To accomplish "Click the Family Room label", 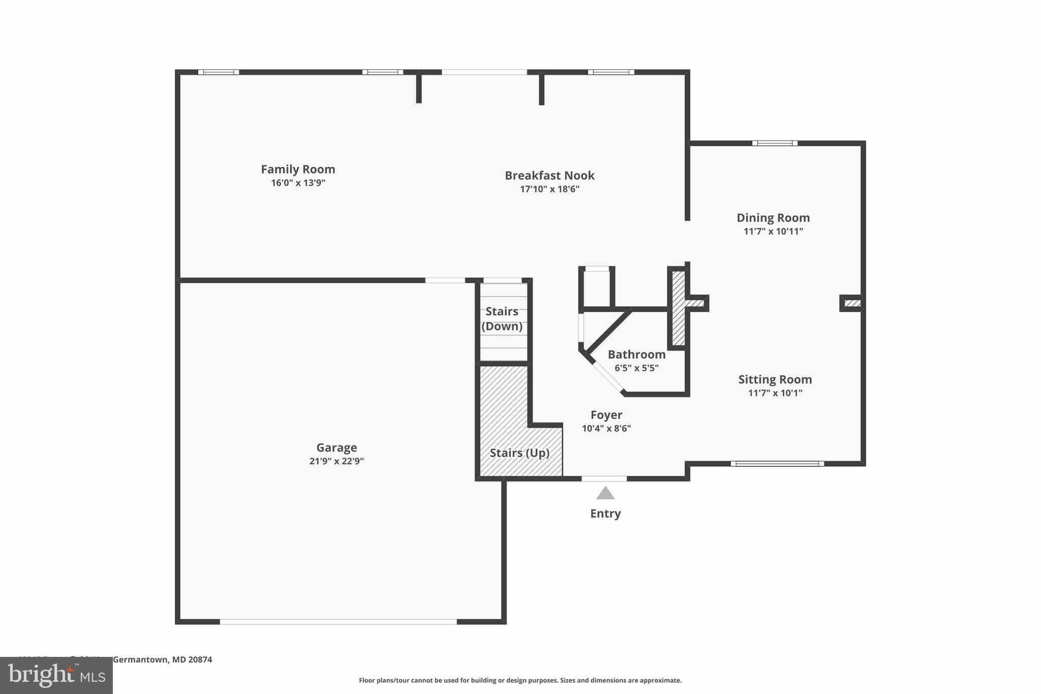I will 298,169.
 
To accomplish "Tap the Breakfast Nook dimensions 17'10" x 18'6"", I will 549,189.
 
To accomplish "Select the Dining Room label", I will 773,218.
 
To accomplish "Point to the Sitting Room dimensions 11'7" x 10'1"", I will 775,393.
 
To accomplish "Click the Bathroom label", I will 636,354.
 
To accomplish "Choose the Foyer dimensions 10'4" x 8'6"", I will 606,428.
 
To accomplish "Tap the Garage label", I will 336,447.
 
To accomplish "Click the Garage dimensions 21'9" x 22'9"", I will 336,461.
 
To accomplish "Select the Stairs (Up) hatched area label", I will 519,452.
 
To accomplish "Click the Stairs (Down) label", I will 502,319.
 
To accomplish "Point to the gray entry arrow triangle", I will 605,494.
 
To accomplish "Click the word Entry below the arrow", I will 605,514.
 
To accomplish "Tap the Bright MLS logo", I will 56,675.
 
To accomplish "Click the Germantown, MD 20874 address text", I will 162,659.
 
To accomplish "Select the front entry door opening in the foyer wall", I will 604,478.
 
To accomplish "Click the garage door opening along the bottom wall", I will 338,621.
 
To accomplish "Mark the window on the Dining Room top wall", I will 775,143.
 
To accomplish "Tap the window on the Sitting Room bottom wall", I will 777,463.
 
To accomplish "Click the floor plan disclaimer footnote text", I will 520,680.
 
